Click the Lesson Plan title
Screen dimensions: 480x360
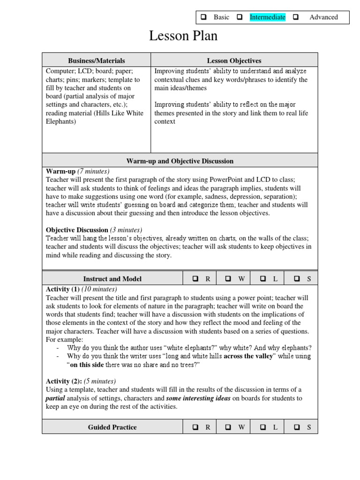[183, 36]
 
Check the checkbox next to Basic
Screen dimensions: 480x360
[204, 17]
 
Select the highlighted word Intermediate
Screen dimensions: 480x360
[267, 17]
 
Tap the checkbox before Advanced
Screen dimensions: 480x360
[296, 17]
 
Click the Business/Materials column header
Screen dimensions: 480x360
[97, 60]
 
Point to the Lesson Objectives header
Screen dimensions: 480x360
[234, 60]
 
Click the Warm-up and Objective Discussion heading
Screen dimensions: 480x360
[180, 161]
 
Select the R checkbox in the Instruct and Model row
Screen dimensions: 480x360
[195, 279]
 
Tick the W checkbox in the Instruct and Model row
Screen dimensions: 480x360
[228, 279]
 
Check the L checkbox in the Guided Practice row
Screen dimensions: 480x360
[263, 427]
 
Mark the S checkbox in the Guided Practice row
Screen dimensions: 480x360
[297, 427]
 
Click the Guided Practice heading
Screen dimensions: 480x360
[112, 427]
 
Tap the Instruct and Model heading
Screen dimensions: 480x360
[112, 279]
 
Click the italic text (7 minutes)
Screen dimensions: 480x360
[93, 171]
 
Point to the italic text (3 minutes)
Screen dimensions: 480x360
[126, 230]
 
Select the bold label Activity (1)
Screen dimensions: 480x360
[63, 289]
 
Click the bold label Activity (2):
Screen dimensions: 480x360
[64, 381]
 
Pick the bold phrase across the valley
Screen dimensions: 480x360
[248, 356]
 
